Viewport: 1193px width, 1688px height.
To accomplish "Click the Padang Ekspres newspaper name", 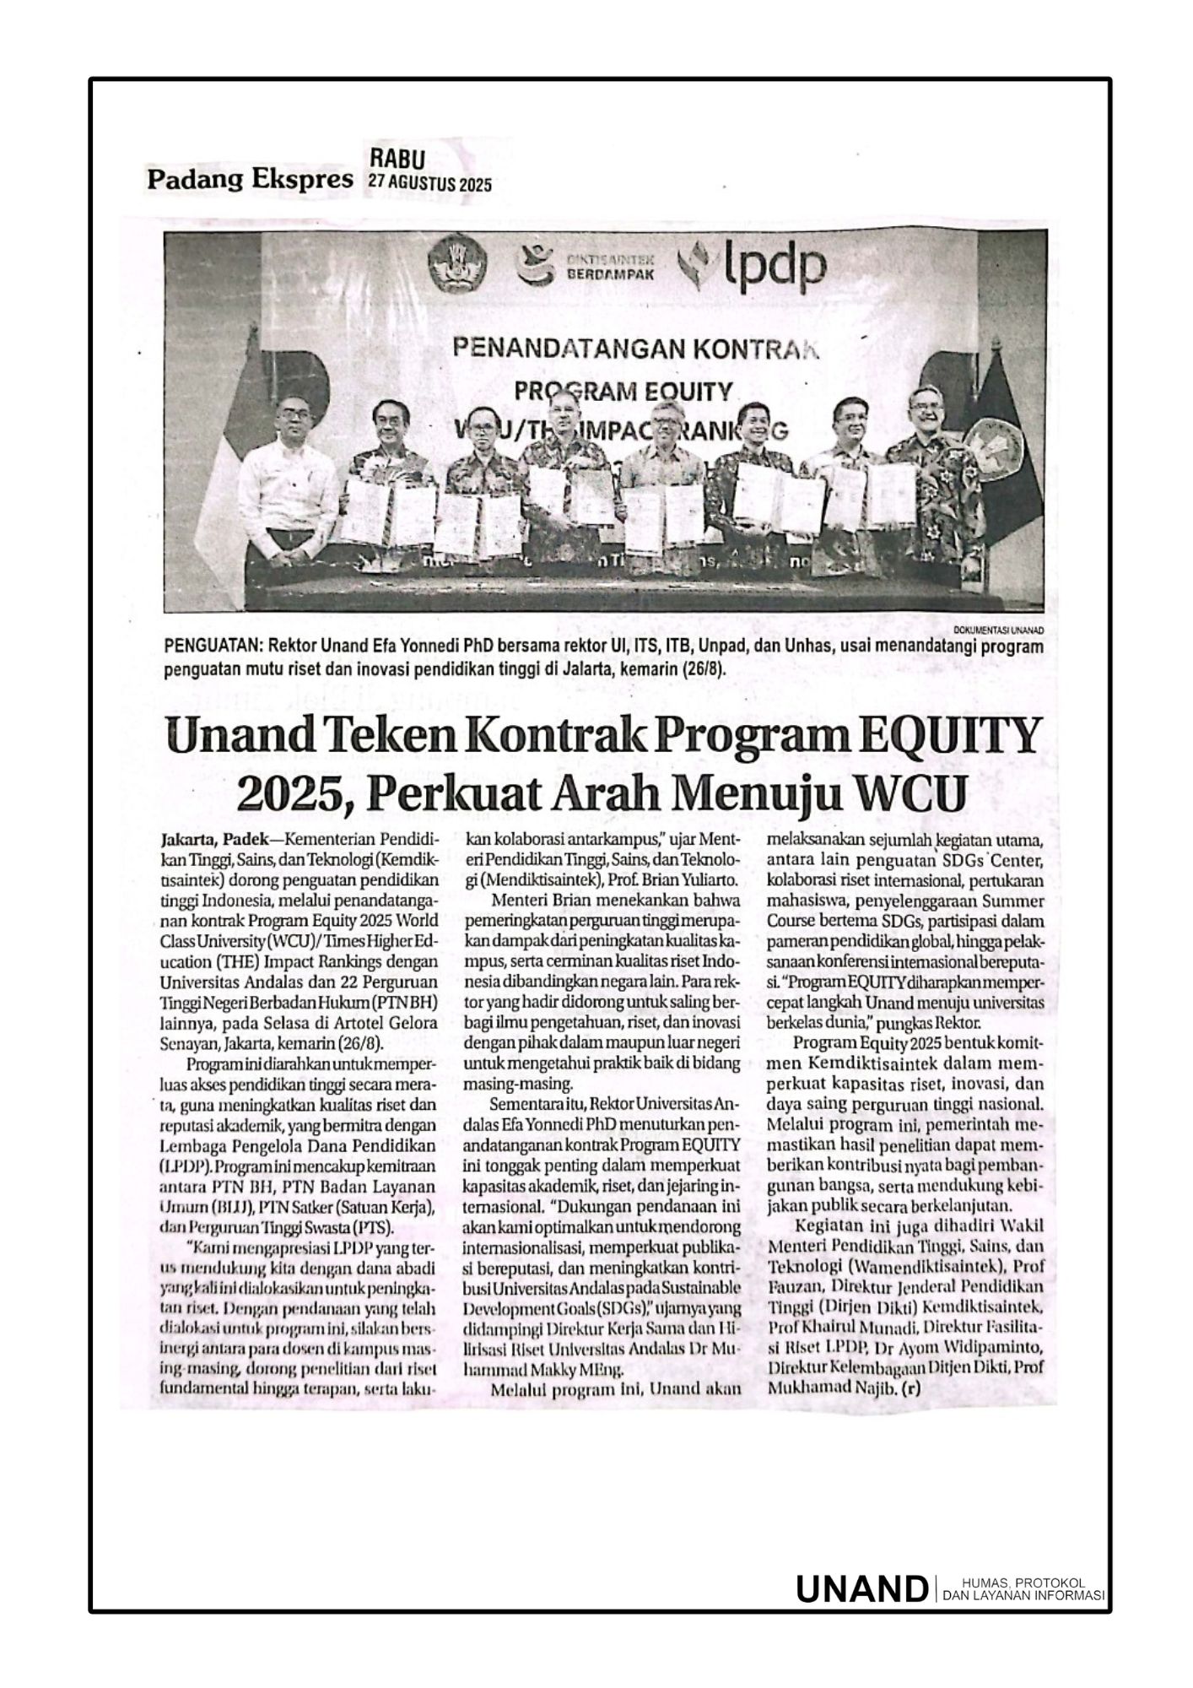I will [x=250, y=180].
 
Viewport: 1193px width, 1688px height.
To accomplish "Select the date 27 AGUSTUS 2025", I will [x=429, y=183].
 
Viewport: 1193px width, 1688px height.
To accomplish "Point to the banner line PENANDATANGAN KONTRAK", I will [x=624, y=348].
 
